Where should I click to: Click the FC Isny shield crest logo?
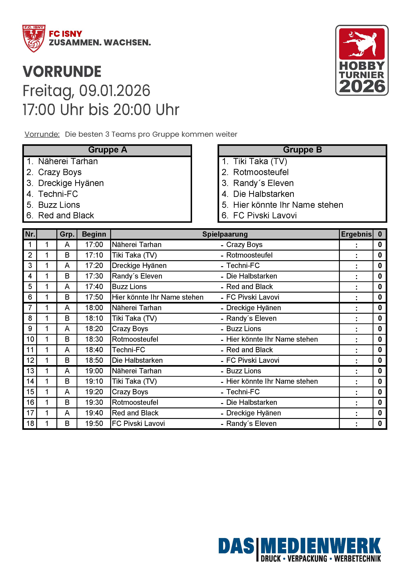point(34,38)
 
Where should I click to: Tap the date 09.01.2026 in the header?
point(115,91)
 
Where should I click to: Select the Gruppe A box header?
point(107,150)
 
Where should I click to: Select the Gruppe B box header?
point(302,150)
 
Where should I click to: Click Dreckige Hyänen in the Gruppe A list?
point(71,183)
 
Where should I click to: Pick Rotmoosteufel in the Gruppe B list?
point(261,172)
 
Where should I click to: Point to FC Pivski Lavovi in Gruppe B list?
point(265,216)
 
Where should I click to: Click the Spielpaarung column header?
point(225,234)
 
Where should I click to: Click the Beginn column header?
point(94,234)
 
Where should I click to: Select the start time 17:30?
point(94,276)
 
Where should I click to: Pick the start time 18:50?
point(94,360)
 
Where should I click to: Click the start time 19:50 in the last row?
point(94,423)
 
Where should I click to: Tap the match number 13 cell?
point(30,371)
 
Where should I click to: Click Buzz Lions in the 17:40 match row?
point(129,287)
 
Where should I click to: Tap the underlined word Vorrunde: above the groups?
point(42,134)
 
